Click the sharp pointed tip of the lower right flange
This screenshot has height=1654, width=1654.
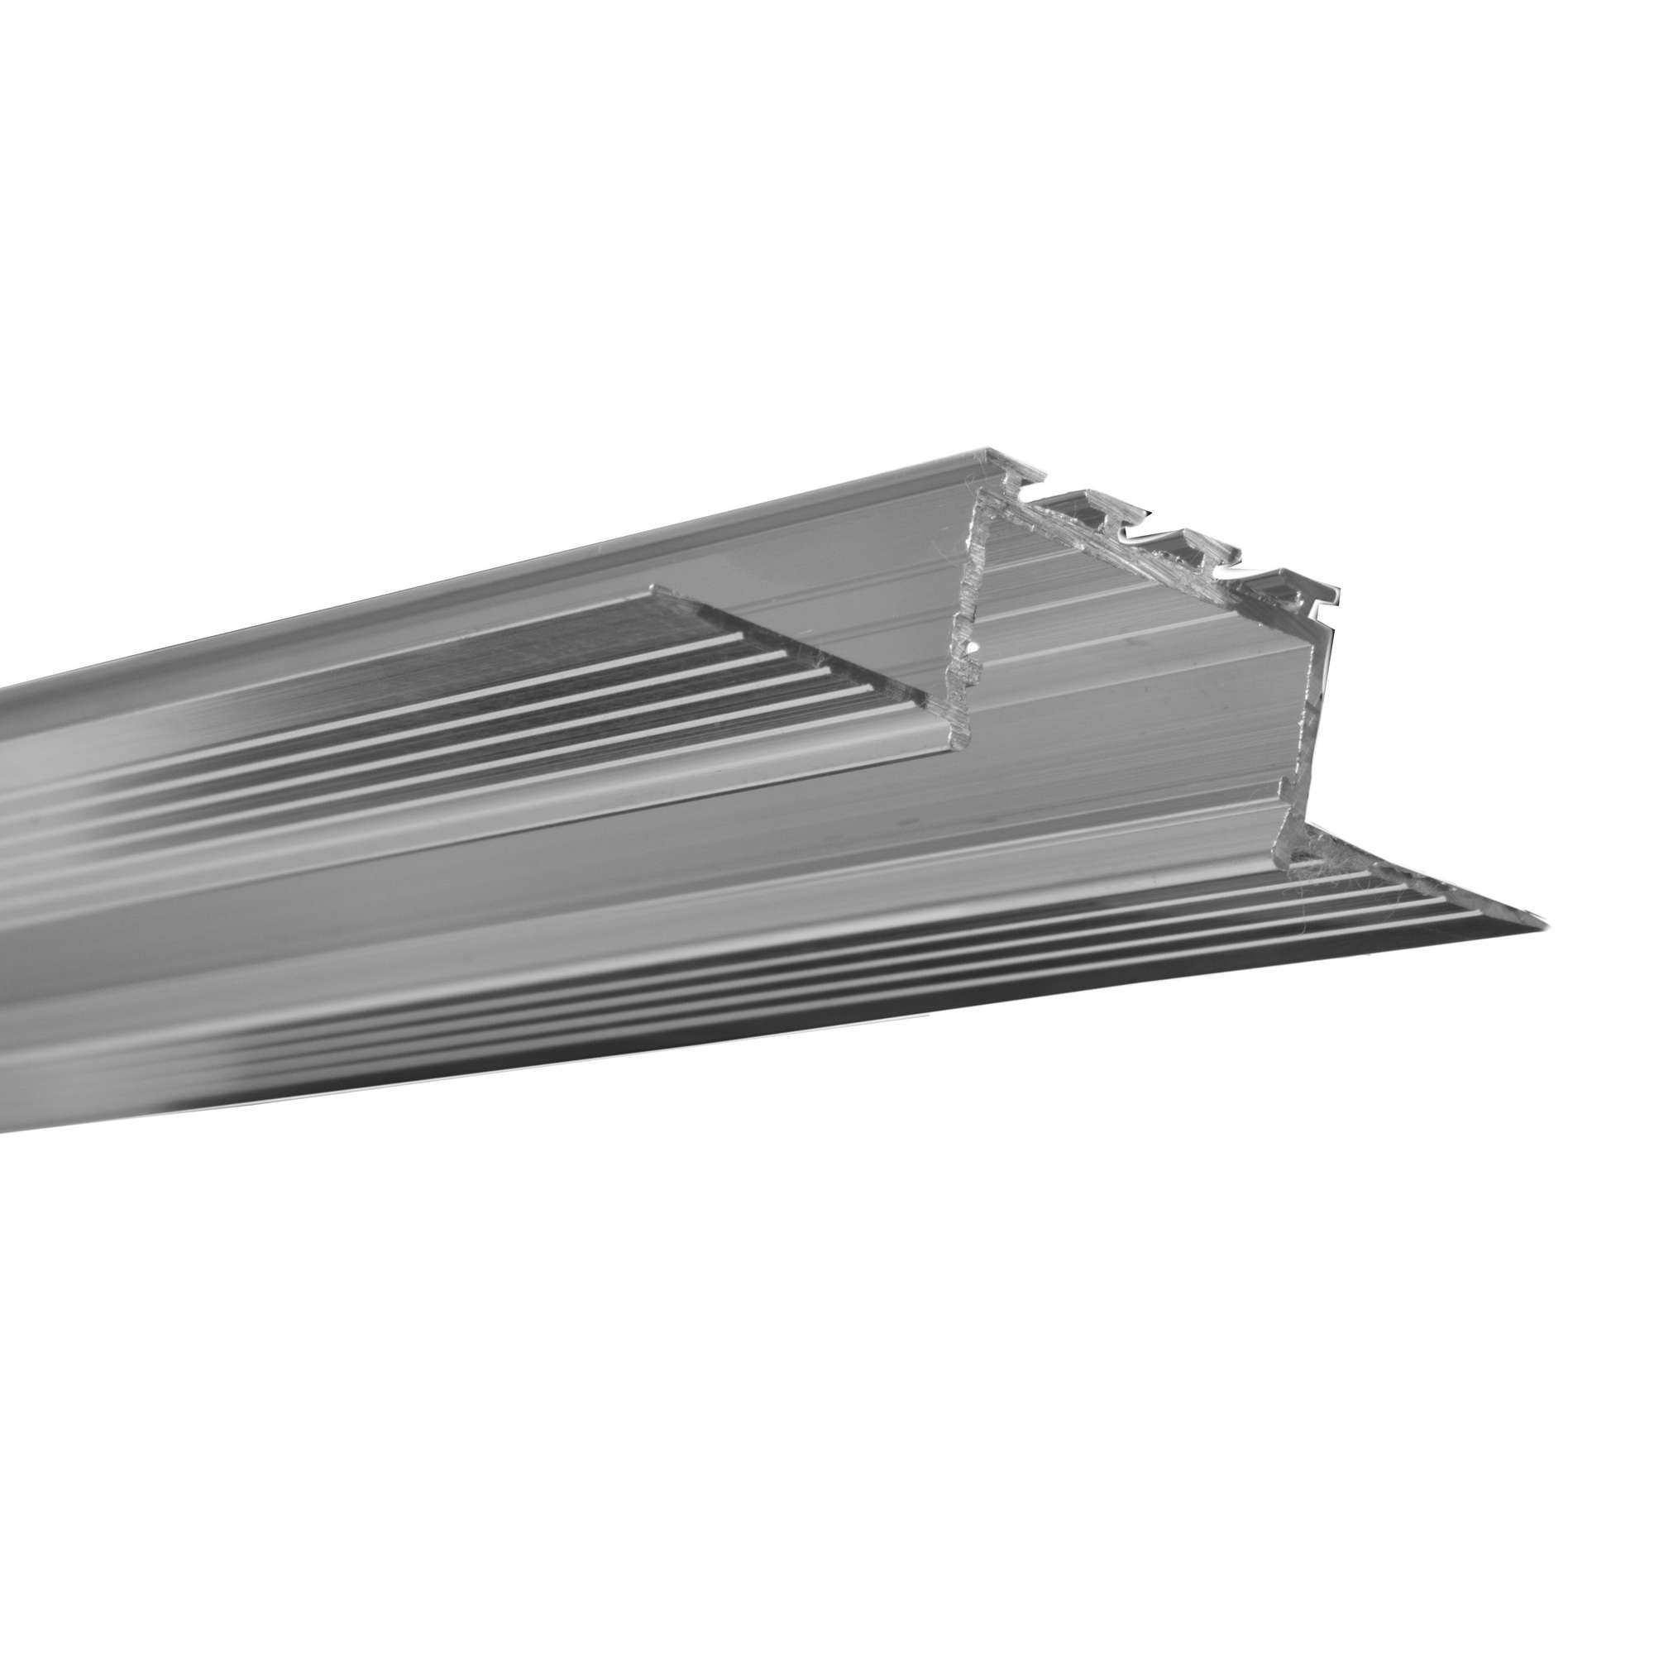coord(1548,922)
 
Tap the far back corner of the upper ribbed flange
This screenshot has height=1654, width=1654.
coord(654,589)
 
